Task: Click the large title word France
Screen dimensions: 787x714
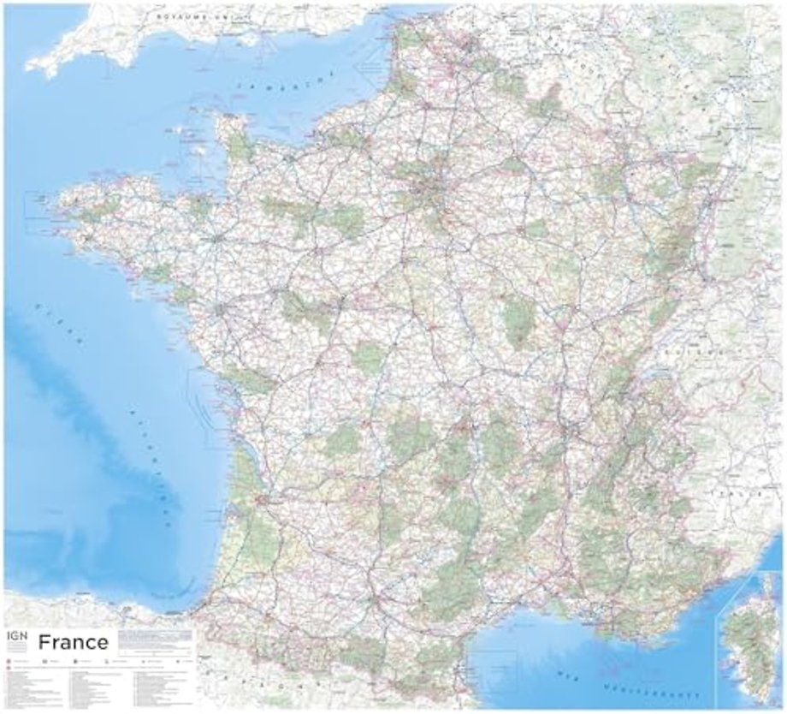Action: point(74,642)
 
